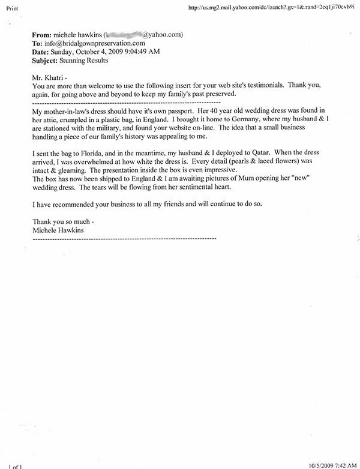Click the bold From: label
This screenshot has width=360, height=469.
[41, 35]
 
